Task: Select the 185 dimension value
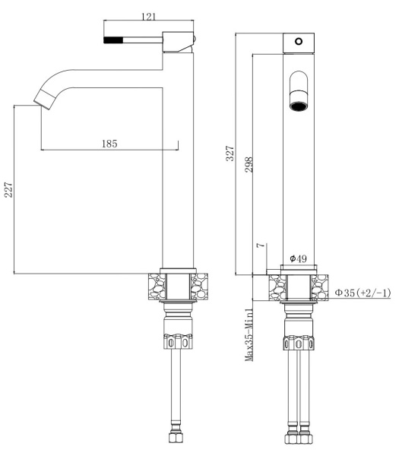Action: (109, 143)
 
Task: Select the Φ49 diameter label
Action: (298, 259)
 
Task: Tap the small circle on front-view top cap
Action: (299, 40)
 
